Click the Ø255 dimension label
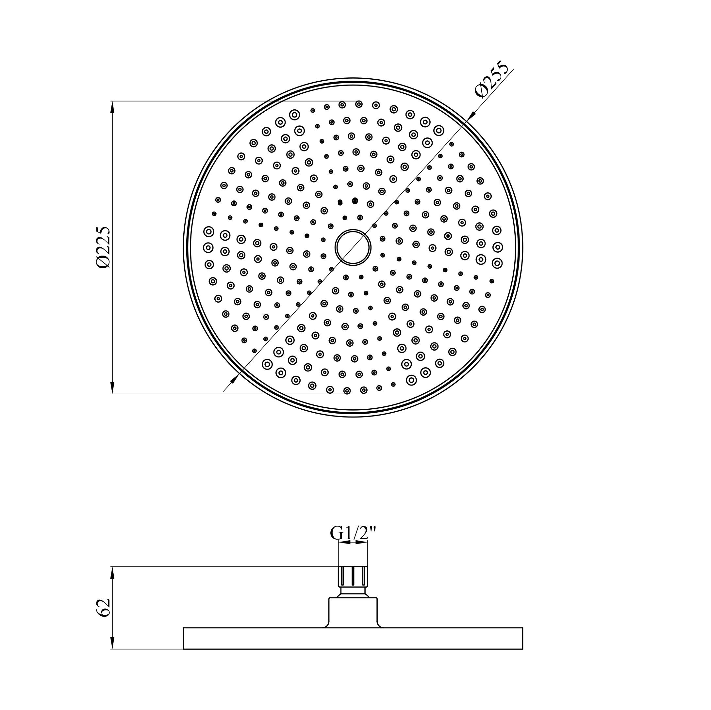coord(491,80)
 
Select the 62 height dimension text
coord(103,607)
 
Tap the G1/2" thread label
coord(353,533)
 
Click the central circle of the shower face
coord(353,247)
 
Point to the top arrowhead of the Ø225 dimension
coord(113,107)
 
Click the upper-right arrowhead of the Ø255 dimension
coord(471,116)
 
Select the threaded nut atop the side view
coord(353,576)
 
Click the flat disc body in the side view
coord(353,638)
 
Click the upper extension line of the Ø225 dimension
coord(221,101)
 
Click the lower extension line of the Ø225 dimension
coord(221,394)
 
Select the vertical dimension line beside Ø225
coord(113,184)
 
